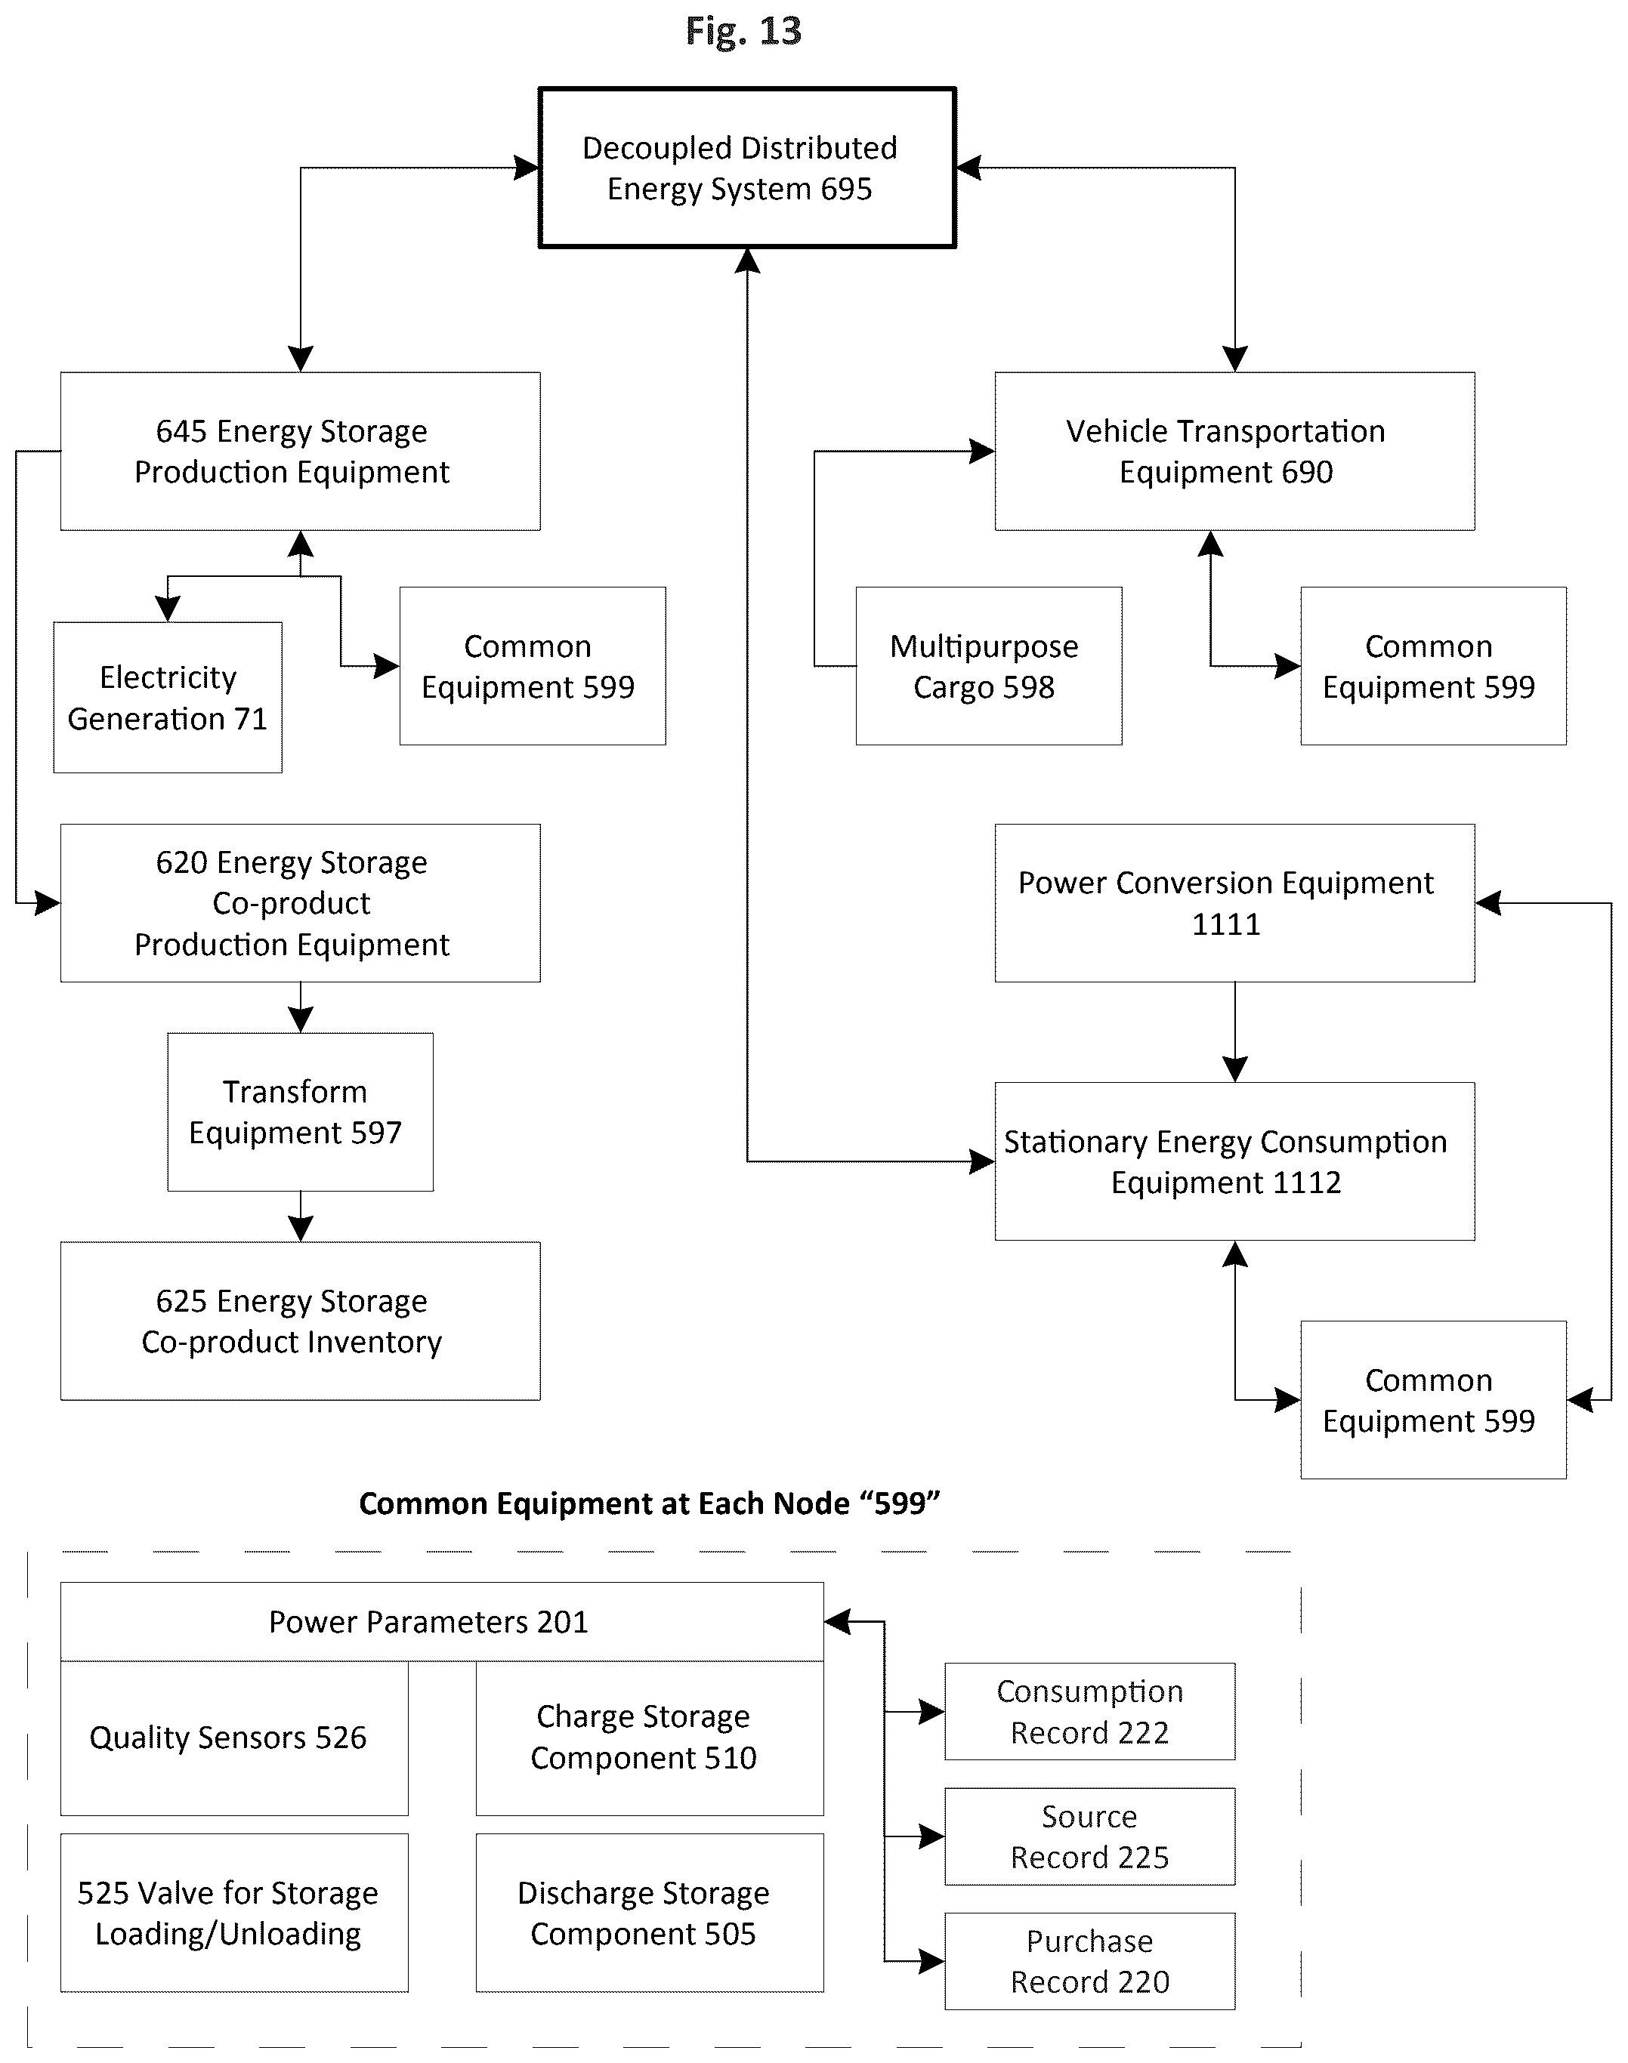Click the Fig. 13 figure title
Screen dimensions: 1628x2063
[x=743, y=32]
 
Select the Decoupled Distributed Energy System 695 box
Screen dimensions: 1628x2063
[x=747, y=168]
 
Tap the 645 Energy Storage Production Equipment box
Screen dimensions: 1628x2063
[x=300, y=451]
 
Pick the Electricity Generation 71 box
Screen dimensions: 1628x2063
[x=168, y=698]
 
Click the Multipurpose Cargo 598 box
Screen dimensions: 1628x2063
[x=988, y=666]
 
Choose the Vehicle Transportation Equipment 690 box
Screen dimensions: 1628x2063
[x=1234, y=451]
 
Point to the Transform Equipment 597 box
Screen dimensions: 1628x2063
[x=300, y=1112]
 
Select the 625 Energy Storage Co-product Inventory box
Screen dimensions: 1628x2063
[x=300, y=1321]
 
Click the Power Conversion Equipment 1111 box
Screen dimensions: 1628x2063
[x=1234, y=902]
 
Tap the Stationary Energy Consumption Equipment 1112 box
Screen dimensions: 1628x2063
[x=1234, y=1161]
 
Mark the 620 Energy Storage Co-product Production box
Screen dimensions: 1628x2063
[x=300, y=902]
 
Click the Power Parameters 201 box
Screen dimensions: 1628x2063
[x=442, y=1622]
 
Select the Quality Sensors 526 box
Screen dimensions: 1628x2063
[x=234, y=1738]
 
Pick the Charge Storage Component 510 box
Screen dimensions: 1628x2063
[x=650, y=1738]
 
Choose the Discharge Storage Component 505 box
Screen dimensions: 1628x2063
[x=650, y=1913]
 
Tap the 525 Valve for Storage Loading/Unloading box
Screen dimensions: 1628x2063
[x=234, y=1913]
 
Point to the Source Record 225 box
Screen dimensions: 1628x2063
[x=1089, y=1836]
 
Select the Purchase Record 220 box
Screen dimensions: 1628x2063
[x=1089, y=1961]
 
